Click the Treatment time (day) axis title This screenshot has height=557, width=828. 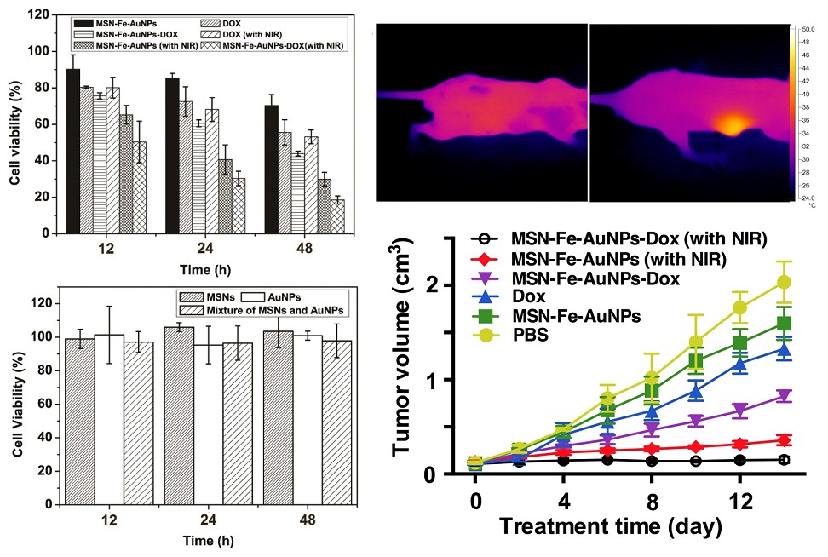(611, 525)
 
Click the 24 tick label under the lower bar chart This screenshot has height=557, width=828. (193, 519)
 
